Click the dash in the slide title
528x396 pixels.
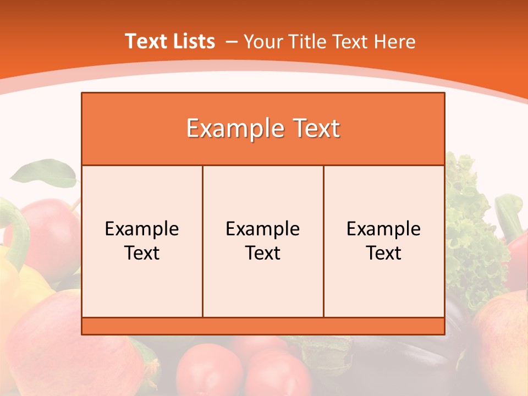pyautogui.click(x=232, y=42)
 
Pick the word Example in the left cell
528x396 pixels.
pyautogui.click(x=142, y=229)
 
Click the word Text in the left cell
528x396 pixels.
pyautogui.click(x=142, y=253)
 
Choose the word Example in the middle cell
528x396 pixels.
pyautogui.click(x=263, y=229)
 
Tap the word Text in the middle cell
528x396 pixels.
pyautogui.click(x=263, y=253)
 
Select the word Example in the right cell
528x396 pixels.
pyautogui.click(x=383, y=229)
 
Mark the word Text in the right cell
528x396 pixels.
pyautogui.click(x=383, y=253)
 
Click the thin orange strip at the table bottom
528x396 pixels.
pyautogui.click(x=263, y=326)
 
